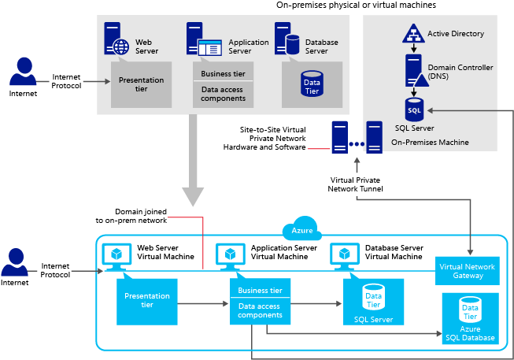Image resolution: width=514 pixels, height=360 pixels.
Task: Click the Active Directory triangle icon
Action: [x=413, y=34]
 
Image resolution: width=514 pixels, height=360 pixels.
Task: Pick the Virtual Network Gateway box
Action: [x=469, y=271]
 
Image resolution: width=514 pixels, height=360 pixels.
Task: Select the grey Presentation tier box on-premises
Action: [x=141, y=85]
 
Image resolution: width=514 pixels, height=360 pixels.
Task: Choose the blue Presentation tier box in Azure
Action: [x=147, y=301]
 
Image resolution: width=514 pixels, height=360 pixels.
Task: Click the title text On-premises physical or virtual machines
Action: [x=356, y=5]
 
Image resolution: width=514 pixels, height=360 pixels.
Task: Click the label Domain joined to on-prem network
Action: [x=141, y=216]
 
